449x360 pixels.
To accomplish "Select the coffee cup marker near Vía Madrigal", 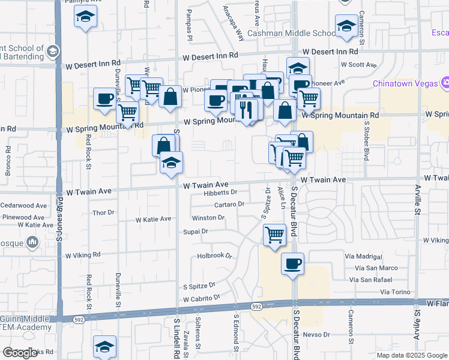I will [x=292, y=264].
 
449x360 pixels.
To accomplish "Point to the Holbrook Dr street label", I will [x=215, y=256].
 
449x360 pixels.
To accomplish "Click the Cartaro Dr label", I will [x=229, y=205].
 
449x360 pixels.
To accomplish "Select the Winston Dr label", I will [x=208, y=218].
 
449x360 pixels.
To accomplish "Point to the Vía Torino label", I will [x=394, y=292].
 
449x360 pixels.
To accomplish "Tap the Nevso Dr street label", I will [x=317, y=334].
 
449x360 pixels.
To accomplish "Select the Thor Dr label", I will [x=103, y=213].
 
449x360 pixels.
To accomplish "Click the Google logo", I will [x=20, y=353].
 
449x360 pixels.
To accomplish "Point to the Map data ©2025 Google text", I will [x=412, y=355].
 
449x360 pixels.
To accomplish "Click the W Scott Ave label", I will [x=358, y=65].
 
